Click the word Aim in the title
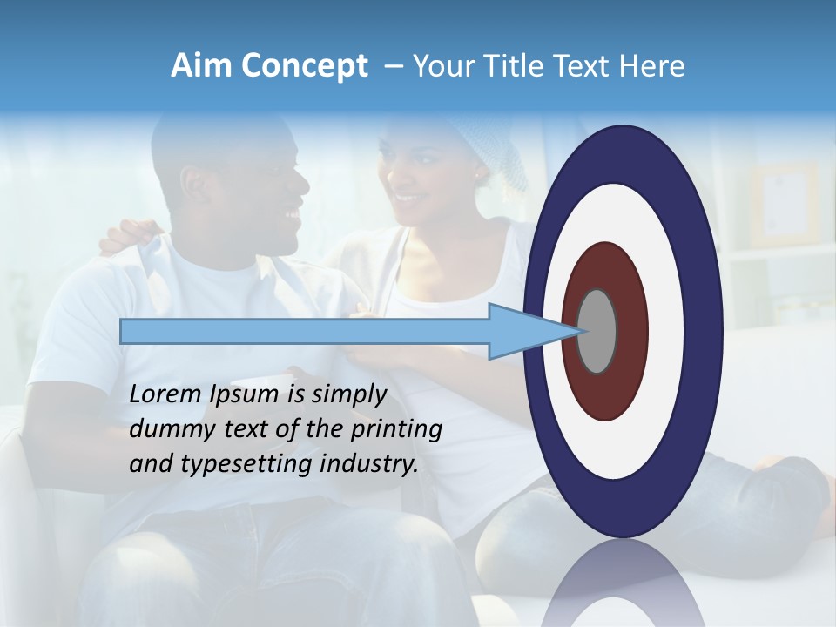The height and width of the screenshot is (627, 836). tap(202, 66)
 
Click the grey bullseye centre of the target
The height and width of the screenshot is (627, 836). tap(597, 331)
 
